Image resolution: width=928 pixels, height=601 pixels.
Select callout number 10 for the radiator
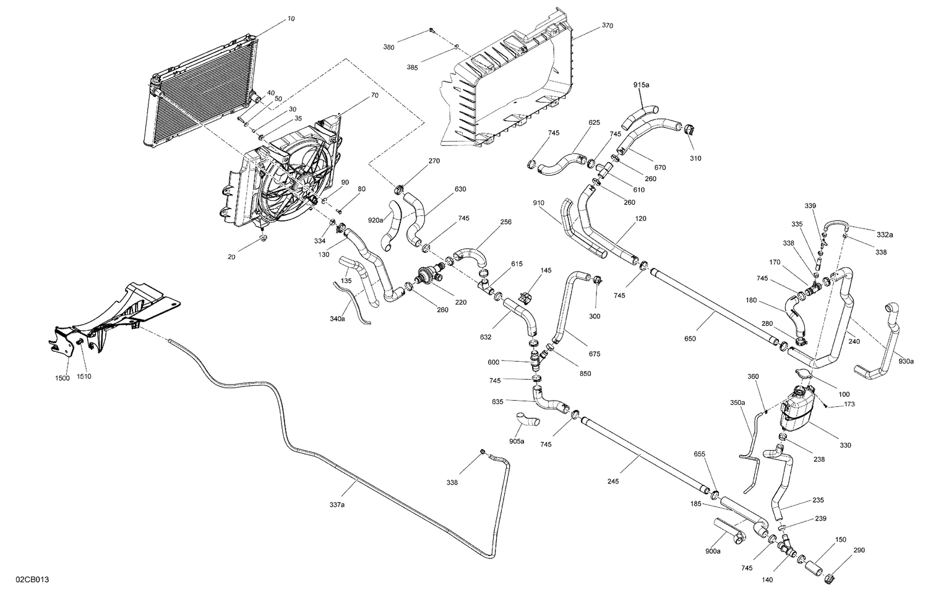pyautogui.click(x=291, y=19)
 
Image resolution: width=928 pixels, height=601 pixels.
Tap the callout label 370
pyautogui.click(x=607, y=27)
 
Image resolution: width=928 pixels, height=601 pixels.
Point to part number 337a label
pyautogui.click(x=337, y=505)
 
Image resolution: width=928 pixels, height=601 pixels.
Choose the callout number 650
pyautogui.click(x=690, y=338)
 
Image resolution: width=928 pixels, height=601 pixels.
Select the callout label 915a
pyautogui.click(x=642, y=85)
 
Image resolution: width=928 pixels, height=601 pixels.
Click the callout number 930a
pyautogui.click(x=905, y=361)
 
